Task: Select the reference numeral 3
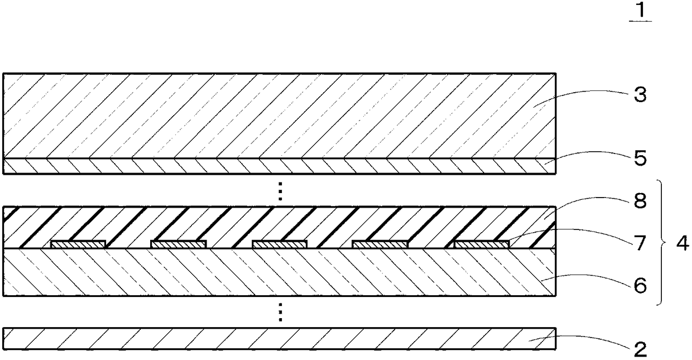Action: tap(640, 95)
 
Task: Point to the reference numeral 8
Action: tap(640, 201)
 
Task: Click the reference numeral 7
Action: tap(640, 243)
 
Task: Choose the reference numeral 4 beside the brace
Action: tap(682, 244)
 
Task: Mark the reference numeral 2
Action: tap(640, 349)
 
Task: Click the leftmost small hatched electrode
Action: tap(78, 244)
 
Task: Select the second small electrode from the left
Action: tap(179, 244)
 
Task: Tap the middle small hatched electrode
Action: tap(280, 244)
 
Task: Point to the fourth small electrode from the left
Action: tap(380, 244)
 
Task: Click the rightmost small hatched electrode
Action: tap(482, 244)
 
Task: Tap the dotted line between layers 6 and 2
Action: tap(281, 312)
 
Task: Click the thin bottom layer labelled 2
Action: tap(279, 339)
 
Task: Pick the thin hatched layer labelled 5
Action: tap(279, 166)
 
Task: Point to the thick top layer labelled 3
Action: tap(279, 116)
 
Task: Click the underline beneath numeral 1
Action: tap(640, 21)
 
